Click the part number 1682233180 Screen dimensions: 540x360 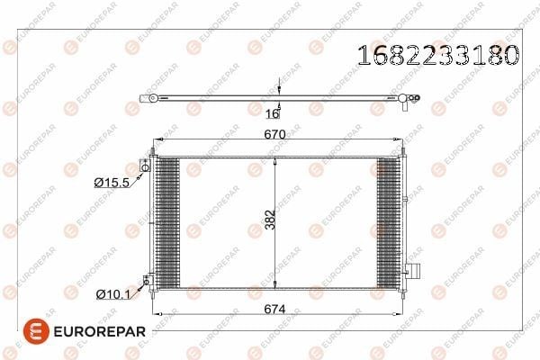pos(438,55)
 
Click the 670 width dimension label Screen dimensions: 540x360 pos(274,134)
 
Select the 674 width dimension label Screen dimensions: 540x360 pos(274,310)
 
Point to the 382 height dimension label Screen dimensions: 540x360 pos(271,220)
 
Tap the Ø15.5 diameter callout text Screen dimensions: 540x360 pos(112,182)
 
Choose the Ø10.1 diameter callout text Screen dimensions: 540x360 pos(113,294)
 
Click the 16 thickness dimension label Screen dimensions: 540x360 pos(273,113)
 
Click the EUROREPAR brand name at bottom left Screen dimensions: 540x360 pos(100,332)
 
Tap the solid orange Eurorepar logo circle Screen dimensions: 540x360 pos(36,331)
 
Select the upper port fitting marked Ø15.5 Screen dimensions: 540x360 pos(145,166)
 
